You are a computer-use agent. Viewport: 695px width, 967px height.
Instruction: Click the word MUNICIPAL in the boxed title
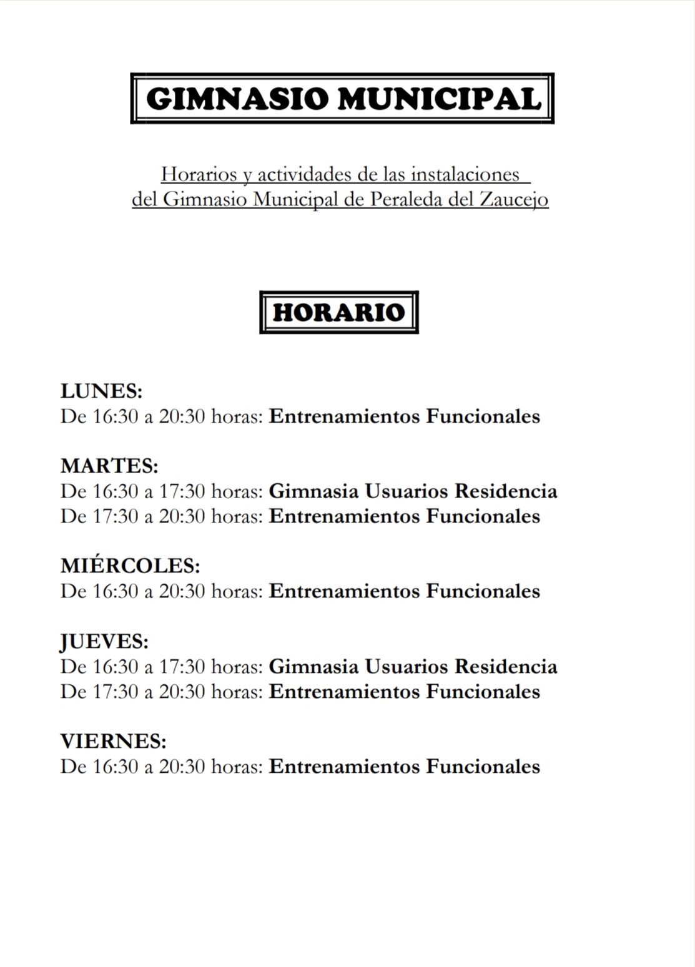click(440, 99)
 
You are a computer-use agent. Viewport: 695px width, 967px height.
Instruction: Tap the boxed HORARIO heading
click(339, 312)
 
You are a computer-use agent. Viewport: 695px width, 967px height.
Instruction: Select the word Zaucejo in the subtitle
click(514, 199)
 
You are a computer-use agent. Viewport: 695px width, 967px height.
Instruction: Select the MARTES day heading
click(109, 466)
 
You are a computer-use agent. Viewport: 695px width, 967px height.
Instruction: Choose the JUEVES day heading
click(104, 642)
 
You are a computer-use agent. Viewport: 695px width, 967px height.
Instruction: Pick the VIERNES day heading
click(114, 742)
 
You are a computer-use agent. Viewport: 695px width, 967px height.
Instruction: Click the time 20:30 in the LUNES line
click(182, 416)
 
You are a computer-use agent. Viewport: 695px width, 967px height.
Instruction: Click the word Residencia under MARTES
click(506, 491)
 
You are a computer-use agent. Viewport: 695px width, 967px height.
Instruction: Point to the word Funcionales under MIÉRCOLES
click(483, 591)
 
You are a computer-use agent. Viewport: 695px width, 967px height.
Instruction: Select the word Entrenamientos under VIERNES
click(345, 767)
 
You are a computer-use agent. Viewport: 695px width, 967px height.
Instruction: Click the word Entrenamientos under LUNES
click(345, 416)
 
